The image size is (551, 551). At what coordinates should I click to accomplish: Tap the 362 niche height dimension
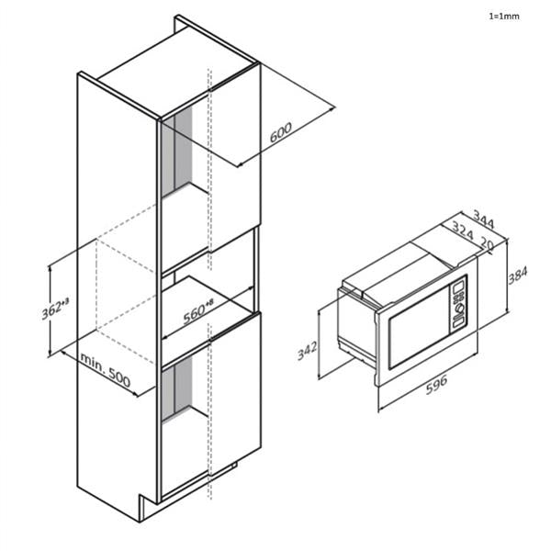point(56,309)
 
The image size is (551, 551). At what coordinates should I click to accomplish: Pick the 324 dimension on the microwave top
point(463,237)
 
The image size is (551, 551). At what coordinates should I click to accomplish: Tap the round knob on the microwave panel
point(459,309)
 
